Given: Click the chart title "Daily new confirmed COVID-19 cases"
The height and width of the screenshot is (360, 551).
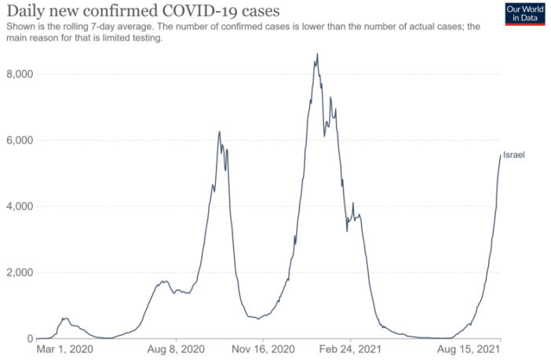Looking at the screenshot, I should (142, 11).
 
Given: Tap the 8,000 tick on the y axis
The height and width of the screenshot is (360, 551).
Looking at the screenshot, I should (16, 74).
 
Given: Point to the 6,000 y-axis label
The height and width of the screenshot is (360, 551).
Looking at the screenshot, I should (16, 140).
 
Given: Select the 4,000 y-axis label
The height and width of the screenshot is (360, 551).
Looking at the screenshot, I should (16, 206).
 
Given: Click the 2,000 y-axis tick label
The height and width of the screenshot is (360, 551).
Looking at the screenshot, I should (16, 273).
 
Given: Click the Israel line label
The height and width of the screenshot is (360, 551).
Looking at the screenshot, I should (513, 155).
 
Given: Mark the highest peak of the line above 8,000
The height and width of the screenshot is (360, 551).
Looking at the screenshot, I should (317, 54).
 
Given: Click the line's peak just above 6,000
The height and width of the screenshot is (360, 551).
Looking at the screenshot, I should (220, 131).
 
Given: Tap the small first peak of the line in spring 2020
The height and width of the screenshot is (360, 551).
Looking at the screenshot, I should (66, 318).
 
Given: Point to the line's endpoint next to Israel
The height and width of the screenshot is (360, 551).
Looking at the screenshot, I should (500, 155).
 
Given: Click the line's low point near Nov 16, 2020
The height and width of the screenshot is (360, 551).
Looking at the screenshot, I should (257, 318).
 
